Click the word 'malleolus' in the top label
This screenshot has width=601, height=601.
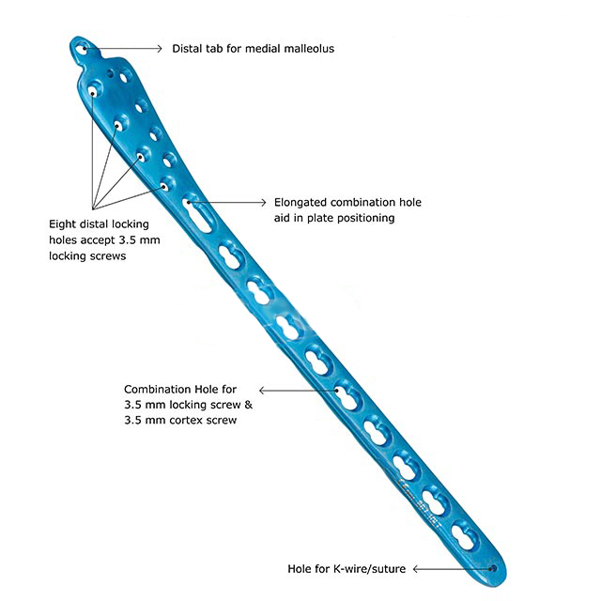[306, 48]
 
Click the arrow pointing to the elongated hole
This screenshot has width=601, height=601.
[239, 202]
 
